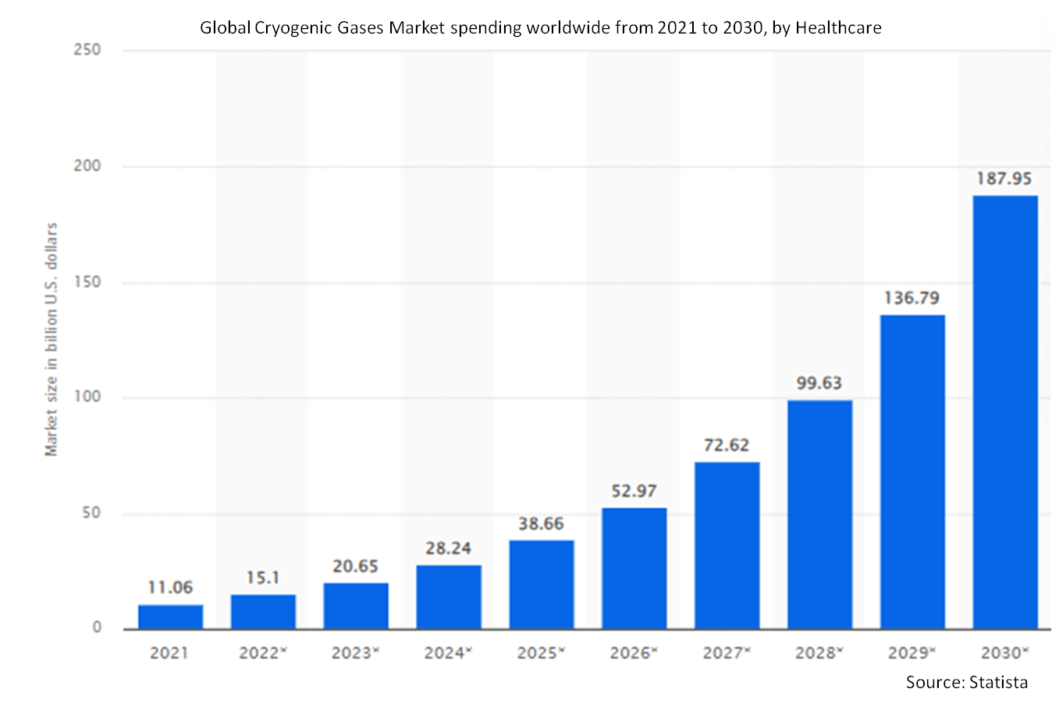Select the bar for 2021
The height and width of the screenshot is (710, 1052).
pos(170,616)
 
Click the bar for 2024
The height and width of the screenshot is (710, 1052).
pos(449,597)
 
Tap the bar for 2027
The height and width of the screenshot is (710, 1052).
pos(727,545)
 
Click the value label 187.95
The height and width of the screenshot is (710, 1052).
pos(1004,179)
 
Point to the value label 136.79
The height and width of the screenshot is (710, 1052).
pos(912,298)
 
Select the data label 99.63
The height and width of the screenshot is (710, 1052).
pos(819,383)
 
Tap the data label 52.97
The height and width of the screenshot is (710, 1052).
pos(634,491)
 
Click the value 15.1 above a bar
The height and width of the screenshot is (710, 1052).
pos(263,577)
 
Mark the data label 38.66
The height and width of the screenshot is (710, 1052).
pos(541,524)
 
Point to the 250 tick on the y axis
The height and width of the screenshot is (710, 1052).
pos(88,50)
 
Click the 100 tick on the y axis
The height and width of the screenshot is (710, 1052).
pos(88,396)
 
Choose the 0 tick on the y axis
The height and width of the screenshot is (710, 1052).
pos(97,627)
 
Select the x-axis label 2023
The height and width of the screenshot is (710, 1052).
pos(352,652)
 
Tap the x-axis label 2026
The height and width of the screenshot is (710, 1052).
pos(631,652)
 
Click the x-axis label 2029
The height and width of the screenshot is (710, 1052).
pos(908,652)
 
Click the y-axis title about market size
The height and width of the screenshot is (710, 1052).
pos(52,339)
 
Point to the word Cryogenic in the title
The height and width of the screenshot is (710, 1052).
pos(292,28)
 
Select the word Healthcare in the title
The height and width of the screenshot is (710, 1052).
pos(838,28)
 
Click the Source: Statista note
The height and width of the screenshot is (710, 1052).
pos(966,682)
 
